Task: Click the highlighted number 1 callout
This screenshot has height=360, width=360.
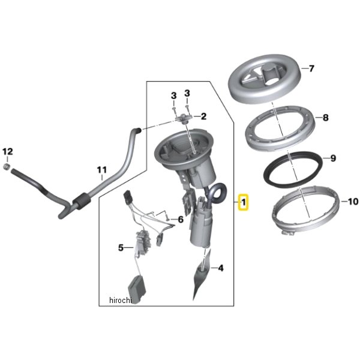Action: (244, 203)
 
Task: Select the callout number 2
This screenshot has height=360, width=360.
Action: (203, 116)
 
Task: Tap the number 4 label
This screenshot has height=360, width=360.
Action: (221, 268)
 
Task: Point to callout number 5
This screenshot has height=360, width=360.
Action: (120, 247)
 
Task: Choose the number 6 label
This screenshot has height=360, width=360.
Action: (179, 220)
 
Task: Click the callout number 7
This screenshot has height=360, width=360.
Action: (311, 69)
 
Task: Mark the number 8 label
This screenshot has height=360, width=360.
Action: (325, 118)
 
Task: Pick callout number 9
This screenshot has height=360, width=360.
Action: (334, 159)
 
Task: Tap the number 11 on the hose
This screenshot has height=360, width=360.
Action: (101, 170)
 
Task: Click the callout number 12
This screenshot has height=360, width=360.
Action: (7, 151)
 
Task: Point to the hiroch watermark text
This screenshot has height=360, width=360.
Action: (119, 300)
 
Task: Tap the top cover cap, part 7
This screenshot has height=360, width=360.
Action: (264, 82)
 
